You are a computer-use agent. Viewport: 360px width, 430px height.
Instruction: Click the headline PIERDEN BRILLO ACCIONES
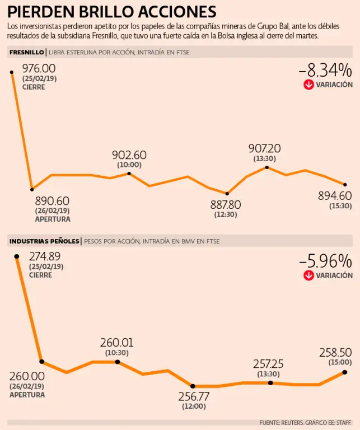tap(112, 11)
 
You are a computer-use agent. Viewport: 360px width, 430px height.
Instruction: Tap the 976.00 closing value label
tap(39, 68)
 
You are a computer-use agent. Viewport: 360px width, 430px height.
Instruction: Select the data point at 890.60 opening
tap(32, 189)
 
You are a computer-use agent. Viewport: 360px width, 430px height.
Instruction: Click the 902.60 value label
tap(129, 155)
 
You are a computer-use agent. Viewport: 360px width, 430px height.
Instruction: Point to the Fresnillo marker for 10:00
tap(129, 174)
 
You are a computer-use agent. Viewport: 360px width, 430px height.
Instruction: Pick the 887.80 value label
tap(226, 204)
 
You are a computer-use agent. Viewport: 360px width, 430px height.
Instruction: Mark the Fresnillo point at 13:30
tap(267, 167)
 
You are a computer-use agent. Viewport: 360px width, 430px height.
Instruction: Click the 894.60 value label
tap(334, 195)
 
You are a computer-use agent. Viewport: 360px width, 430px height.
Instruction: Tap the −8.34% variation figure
tap(325, 71)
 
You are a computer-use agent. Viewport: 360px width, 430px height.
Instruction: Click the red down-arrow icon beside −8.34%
tap(308, 85)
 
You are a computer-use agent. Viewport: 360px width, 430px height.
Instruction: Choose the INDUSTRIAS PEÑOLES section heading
tap(44, 241)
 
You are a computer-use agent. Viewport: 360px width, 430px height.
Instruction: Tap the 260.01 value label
tap(117, 343)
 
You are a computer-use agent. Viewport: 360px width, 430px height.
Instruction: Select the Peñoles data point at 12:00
tap(193, 386)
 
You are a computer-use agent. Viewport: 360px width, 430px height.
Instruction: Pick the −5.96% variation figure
tap(325, 261)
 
